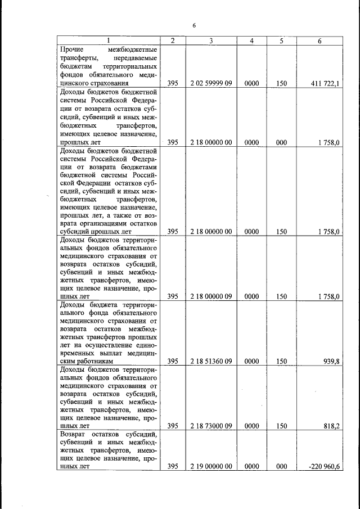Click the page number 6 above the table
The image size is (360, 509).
pyautogui.click(x=193, y=26)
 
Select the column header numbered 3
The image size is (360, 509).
pyautogui.click(x=211, y=40)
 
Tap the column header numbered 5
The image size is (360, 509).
pyautogui.click(x=282, y=40)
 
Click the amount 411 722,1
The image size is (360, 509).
pyautogui.click(x=326, y=84)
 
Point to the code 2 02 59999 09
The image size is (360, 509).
pyautogui.click(x=211, y=84)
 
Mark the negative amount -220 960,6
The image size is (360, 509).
pyautogui.click(x=323, y=466)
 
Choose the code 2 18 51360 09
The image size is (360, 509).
pyautogui.click(x=211, y=361)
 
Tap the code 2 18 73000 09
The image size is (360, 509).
pyautogui.click(x=211, y=426)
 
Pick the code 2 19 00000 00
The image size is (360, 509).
pyautogui.click(x=211, y=466)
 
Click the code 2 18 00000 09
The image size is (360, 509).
pyautogui.click(x=211, y=296)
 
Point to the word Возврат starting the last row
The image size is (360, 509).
pyautogui.click(x=75, y=435)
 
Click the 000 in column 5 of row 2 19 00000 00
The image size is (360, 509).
pyautogui.click(x=282, y=466)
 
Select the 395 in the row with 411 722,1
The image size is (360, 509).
pyautogui.click(x=173, y=84)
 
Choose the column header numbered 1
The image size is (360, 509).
pyautogui.click(x=109, y=40)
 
